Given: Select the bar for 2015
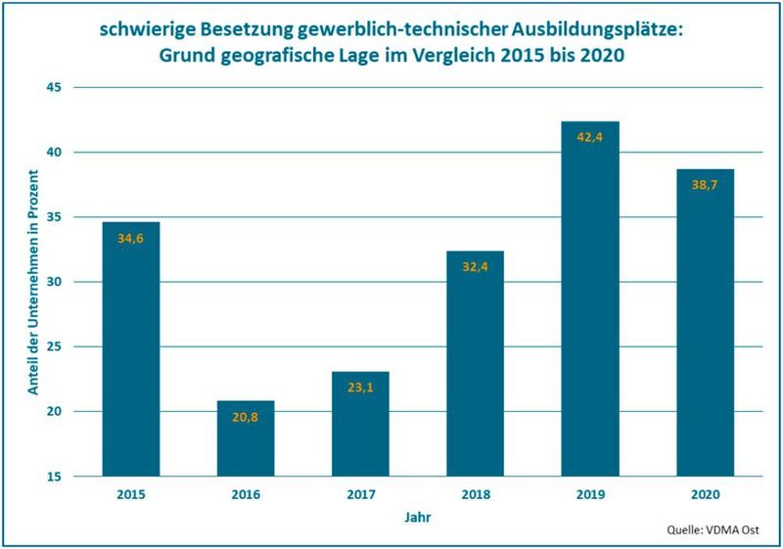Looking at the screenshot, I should [130, 349].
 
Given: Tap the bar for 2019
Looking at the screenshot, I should [590, 298].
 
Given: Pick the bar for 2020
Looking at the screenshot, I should [705, 323].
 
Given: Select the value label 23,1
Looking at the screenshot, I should [360, 389].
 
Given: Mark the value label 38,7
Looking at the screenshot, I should [705, 186].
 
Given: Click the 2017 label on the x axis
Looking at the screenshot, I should [360, 494].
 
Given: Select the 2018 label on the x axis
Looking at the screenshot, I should [475, 494].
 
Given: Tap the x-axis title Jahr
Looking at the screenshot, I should [418, 516].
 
